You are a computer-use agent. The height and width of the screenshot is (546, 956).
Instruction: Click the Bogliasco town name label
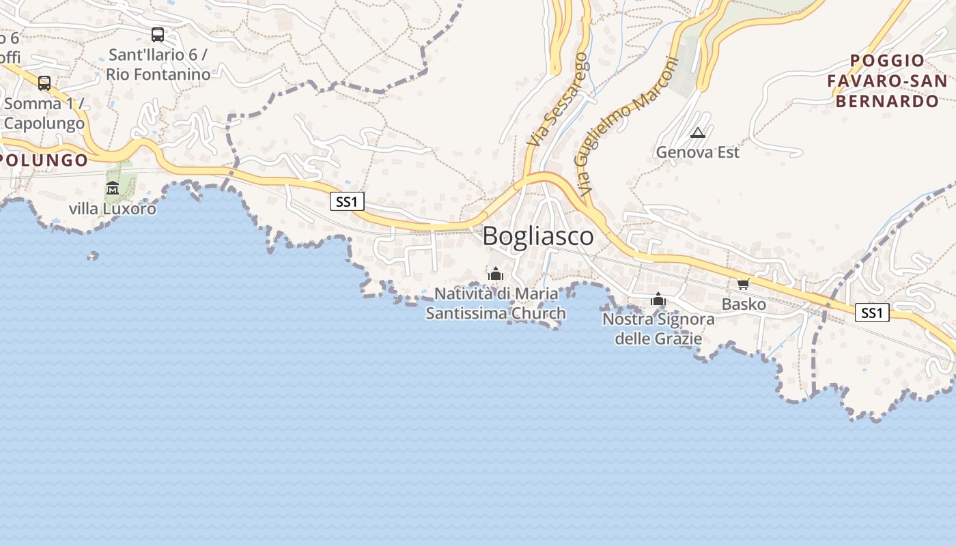[538, 236]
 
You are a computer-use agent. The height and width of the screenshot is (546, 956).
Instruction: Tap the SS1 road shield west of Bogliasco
[347, 201]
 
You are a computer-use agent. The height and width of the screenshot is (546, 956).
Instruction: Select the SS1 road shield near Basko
[872, 313]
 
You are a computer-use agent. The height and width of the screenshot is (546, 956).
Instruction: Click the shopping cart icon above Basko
[743, 284]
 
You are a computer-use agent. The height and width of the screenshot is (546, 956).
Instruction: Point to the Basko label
[744, 304]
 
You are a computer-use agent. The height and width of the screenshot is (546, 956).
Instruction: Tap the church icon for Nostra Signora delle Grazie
[658, 299]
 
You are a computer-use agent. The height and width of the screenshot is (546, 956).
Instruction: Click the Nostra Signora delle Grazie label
[658, 328]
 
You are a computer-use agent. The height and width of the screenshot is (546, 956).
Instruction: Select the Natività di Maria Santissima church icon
[496, 274]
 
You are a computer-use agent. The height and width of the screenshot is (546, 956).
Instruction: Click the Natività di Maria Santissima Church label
[496, 304]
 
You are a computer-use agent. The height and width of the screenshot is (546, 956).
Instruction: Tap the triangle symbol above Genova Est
[697, 133]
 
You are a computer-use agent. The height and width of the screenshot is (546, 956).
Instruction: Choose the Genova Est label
[697, 152]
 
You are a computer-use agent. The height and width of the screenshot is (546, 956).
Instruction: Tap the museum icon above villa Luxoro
[113, 188]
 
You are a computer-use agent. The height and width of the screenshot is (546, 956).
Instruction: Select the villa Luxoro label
[113, 209]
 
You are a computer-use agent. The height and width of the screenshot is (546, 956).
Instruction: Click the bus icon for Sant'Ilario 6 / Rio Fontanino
[158, 35]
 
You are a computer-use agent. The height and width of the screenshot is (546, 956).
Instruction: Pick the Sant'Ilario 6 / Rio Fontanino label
[158, 64]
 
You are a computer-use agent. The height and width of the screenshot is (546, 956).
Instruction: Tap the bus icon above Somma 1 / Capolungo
[44, 83]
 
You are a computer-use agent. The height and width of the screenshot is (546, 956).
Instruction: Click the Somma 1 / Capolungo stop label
[44, 114]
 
